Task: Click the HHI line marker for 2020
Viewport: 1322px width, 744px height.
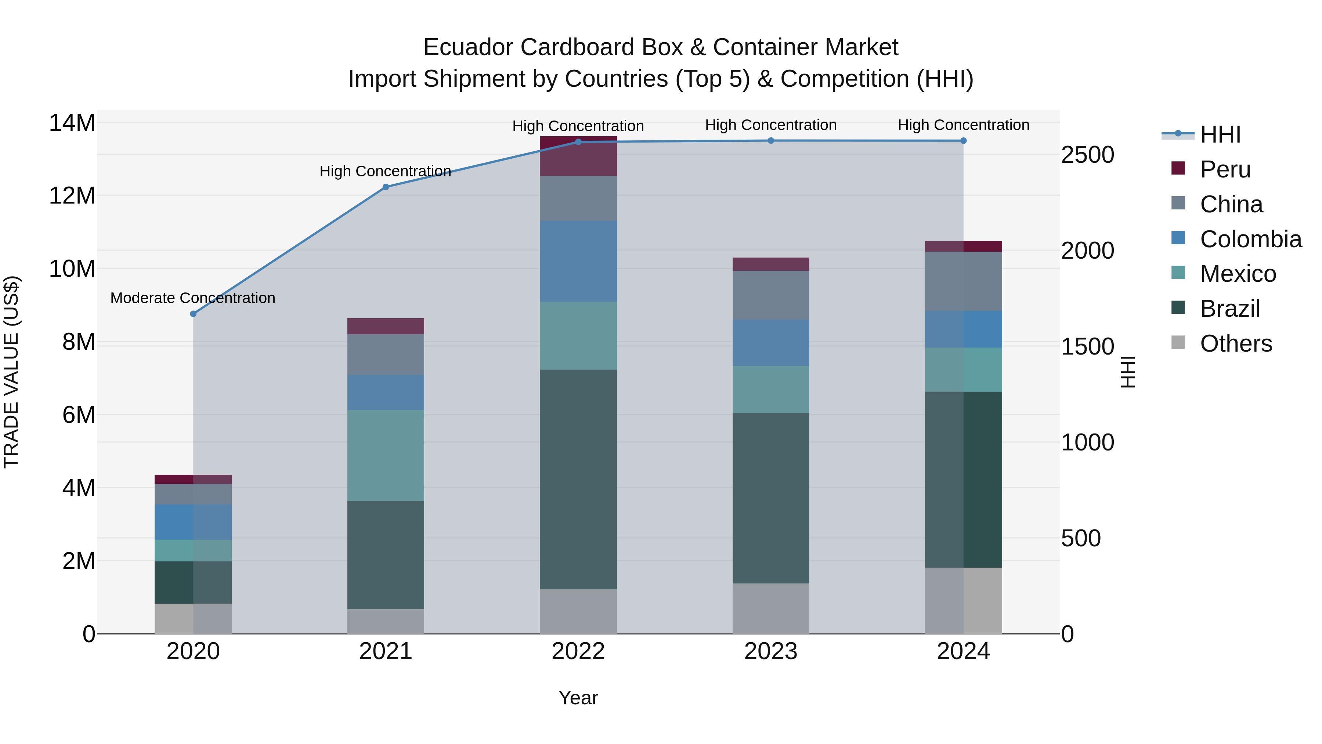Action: (x=193, y=314)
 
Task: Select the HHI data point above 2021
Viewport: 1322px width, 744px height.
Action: (x=386, y=187)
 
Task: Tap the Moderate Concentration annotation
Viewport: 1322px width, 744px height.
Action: (x=192, y=298)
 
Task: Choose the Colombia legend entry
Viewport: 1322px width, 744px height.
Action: (x=1250, y=239)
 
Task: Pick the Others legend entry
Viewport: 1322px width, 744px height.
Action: (x=1235, y=344)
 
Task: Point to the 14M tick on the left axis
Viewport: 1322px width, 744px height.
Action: (x=72, y=123)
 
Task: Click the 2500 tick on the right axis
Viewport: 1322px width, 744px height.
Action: (x=1087, y=155)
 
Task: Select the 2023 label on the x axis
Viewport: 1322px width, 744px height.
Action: (x=770, y=651)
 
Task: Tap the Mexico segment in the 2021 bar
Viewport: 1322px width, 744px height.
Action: (x=386, y=455)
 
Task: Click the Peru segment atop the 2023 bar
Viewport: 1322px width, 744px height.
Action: (x=770, y=264)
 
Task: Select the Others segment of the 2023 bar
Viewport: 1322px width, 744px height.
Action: (x=770, y=608)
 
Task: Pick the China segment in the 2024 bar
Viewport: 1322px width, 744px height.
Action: (x=963, y=281)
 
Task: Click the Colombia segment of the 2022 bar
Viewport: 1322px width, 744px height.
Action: (x=578, y=261)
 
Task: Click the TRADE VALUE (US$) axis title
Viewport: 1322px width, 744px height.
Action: (x=11, y=372)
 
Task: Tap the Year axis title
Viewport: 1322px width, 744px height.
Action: (x=578, y=698)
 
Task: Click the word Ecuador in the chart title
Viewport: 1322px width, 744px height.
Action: (x=467, y=47)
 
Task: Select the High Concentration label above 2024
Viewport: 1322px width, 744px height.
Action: (x=963, y=125)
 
